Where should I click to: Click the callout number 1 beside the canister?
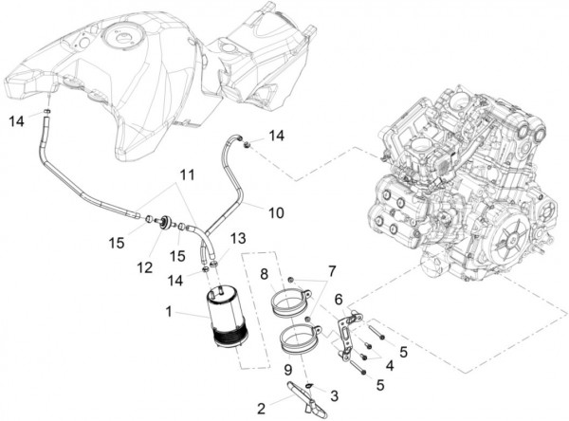click(169, 311)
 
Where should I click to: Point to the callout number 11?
click(187, 174)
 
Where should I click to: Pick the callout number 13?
click(238, 237)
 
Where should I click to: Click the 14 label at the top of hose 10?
click(275, 136)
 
